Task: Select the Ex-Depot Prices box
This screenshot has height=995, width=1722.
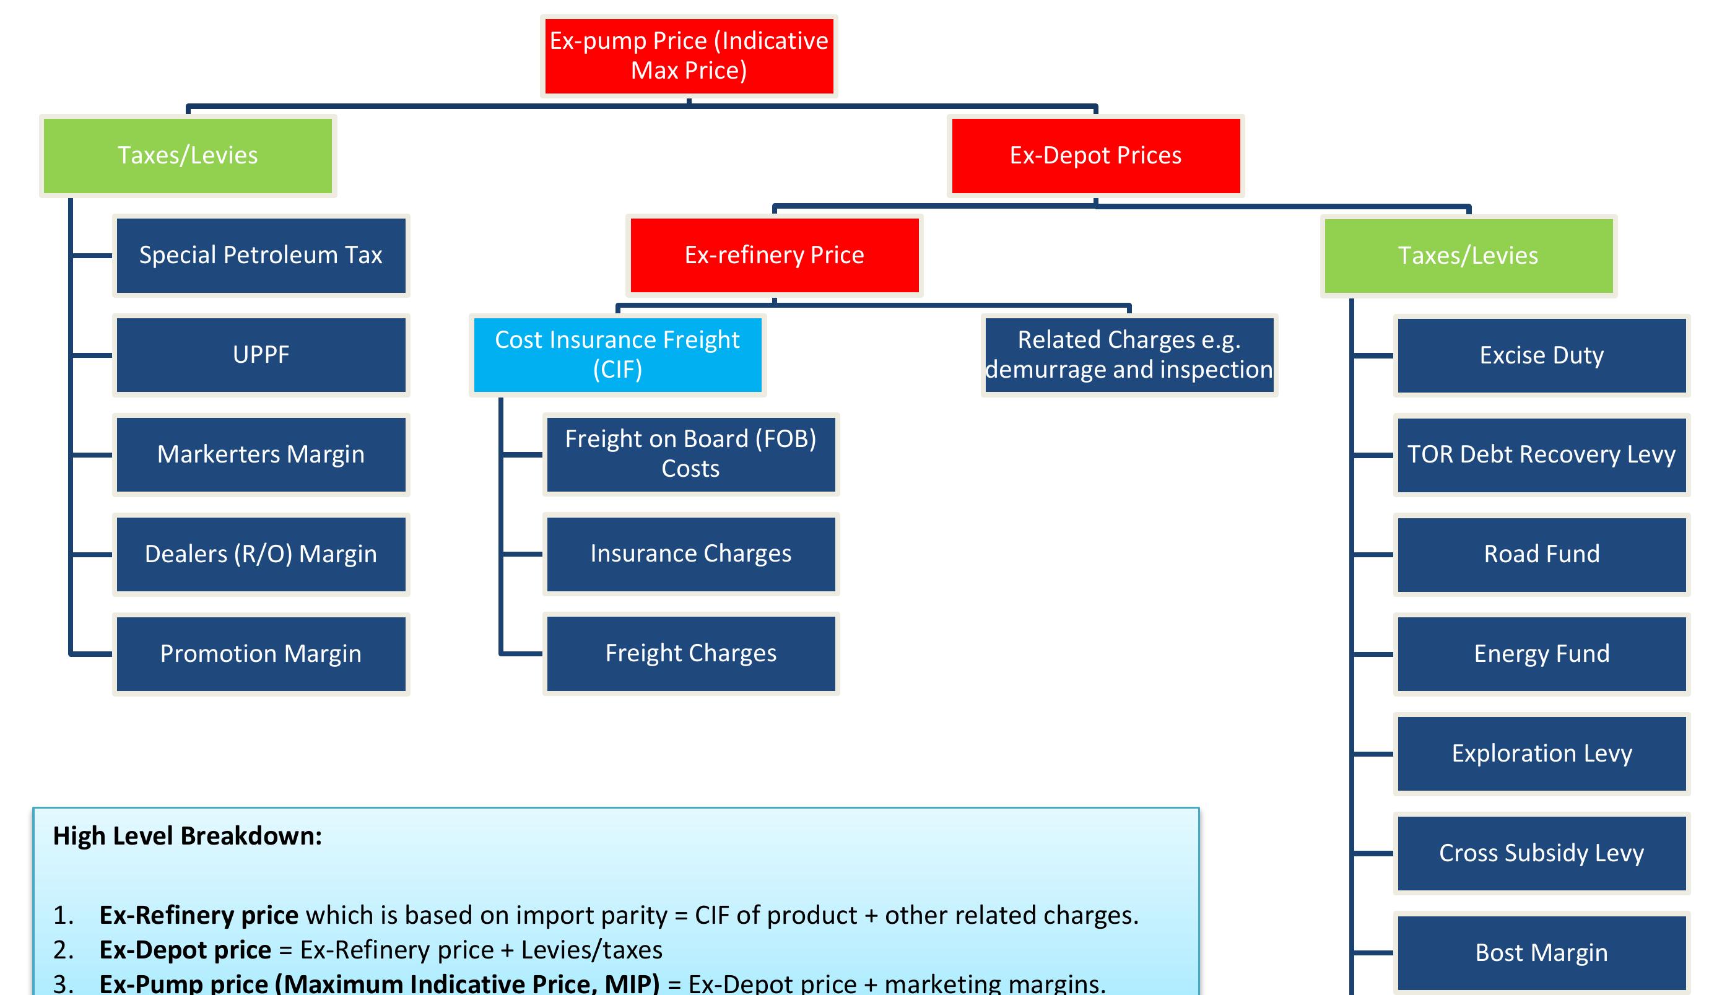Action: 1095,156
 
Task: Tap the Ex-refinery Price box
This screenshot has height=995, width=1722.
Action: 774,256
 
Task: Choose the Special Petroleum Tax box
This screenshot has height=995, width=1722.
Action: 261,256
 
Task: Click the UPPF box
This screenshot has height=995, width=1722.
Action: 261,355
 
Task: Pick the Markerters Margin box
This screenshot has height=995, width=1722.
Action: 261,454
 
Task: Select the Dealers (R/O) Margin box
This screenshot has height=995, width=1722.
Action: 261,554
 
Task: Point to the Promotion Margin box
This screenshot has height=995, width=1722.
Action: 261,654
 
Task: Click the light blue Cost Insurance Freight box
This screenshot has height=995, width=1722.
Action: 618,355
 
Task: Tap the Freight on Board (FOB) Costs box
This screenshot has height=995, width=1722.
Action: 691,454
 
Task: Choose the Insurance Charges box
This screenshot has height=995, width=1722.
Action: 691,554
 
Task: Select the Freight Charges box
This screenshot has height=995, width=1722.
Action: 691,654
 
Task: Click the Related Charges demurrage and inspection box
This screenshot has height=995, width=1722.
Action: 1129,355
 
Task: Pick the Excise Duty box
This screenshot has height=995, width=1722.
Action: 1542,355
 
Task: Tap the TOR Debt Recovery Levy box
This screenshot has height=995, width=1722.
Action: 1542,454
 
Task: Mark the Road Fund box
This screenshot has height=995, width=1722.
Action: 1542,554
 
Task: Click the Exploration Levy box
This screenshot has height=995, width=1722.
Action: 1542,754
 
